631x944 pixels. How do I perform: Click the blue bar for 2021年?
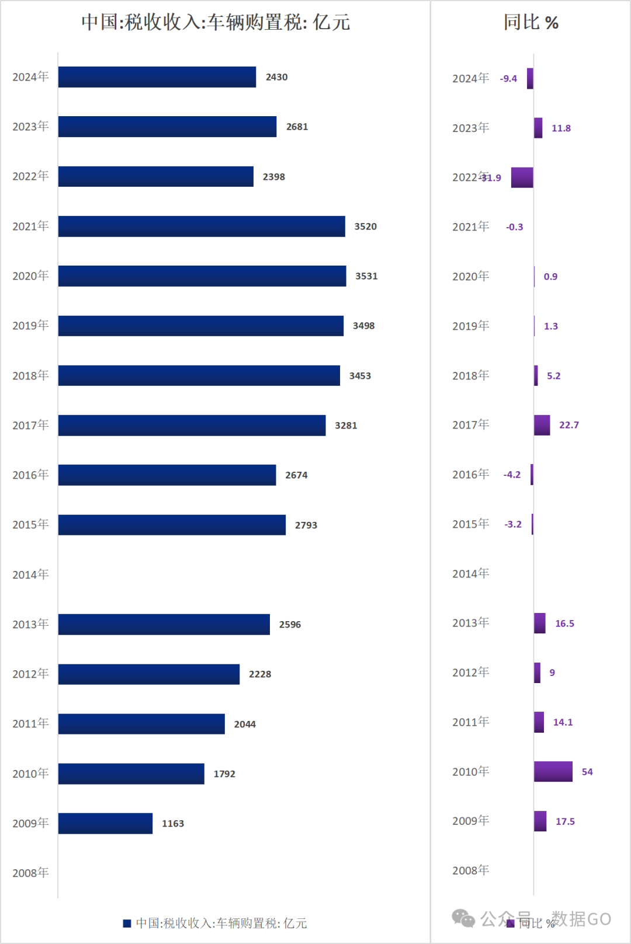click(x=202, y=227)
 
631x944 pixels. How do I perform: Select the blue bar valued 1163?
click(x=105, y=823)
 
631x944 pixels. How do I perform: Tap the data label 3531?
click(x=366, y=276)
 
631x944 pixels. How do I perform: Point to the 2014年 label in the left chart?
click(x=30, y=574)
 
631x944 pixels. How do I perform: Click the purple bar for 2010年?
click(x=553, y=771)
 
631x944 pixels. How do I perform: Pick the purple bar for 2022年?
click(x=522, y=177)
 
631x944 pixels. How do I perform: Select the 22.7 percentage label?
click(x=568, y=425)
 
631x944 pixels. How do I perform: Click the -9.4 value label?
click(x=508, y=78)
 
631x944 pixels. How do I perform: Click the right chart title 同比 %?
click(x=531, y=22)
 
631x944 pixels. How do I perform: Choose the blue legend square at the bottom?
click(x=127, y=923)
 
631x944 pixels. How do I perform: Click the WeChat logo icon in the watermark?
click(x=463, y=918)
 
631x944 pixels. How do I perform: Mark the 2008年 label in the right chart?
click(x=470, y=870)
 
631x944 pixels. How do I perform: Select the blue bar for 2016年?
click(x=167, y=475)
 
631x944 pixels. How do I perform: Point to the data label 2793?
click(x=306, y=525)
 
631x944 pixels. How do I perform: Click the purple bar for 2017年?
click(x=542, y=425)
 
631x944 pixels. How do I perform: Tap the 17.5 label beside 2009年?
click(x=565, y=821)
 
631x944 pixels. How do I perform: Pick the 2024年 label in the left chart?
click(x=30, y=77)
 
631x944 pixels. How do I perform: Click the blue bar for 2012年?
click(x=149, y=674)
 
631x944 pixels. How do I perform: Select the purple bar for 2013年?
click(x=539, y=623)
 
